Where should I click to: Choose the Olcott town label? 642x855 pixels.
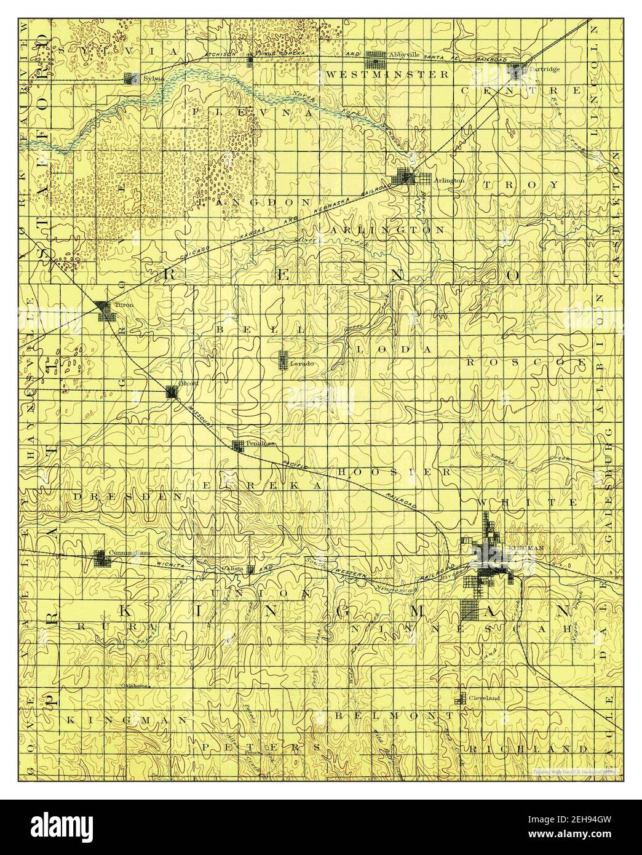click(x=186, y=383)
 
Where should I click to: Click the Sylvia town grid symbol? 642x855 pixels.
click(x=130, y=79)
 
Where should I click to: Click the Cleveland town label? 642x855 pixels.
click(x=485, y=698)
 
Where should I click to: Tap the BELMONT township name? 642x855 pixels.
click(x=394, y=716)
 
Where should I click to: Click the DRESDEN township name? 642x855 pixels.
click(x=128, y=495)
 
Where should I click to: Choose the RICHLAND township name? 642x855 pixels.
click(x=527, y=749)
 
